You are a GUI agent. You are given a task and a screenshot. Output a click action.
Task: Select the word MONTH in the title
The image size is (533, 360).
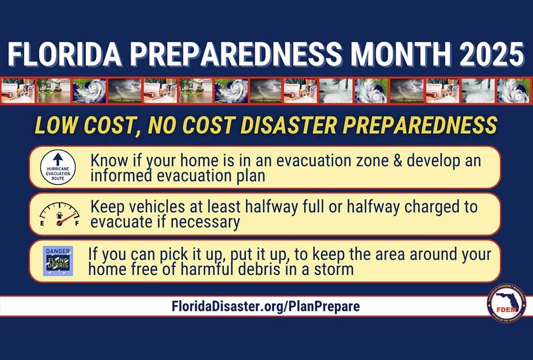393,56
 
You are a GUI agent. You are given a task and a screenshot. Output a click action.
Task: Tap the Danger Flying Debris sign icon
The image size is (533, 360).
58,261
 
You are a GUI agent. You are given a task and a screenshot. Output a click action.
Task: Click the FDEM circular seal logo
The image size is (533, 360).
506,303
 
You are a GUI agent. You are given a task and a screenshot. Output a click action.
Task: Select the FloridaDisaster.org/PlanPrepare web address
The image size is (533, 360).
266,307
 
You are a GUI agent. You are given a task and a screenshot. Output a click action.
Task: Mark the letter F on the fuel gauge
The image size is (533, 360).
77,223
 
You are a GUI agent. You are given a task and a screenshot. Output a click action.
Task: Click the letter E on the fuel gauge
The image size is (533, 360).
42,223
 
